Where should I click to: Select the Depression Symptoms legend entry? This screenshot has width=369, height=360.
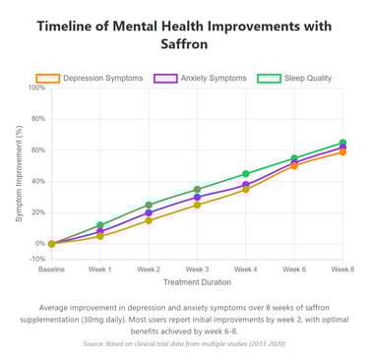click(x=90, y=78)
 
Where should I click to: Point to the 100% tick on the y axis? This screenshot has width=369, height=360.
click(x=35, y=88)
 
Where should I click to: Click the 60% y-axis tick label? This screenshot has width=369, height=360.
click(x=37, y=150)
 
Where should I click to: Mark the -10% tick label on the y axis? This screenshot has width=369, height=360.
click(x=35, y=259)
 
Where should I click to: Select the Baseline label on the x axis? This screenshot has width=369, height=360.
click(x=51, y=269)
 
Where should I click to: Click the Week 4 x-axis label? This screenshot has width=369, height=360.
click(x=245, y=269)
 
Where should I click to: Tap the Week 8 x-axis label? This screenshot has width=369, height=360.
click(x=342, y=269)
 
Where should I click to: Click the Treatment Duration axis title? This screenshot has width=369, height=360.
click(x=197, y=282)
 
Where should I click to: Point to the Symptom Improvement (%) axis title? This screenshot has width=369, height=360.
click(x=19, y=173)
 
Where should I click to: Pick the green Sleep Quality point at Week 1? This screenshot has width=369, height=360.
click(x=100, y=225)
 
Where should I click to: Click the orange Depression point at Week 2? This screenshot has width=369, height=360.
click(x=149, y=220)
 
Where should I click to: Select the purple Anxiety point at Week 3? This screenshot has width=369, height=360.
click(x=197, y=197)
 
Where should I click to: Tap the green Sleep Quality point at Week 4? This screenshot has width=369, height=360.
click(x=245, y=174)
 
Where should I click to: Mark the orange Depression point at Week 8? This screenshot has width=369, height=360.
click(x=342, y=151)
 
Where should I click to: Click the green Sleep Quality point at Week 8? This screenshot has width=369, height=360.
click(x=342, y=143)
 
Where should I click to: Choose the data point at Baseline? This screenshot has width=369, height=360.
click(x=51, y=243)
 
